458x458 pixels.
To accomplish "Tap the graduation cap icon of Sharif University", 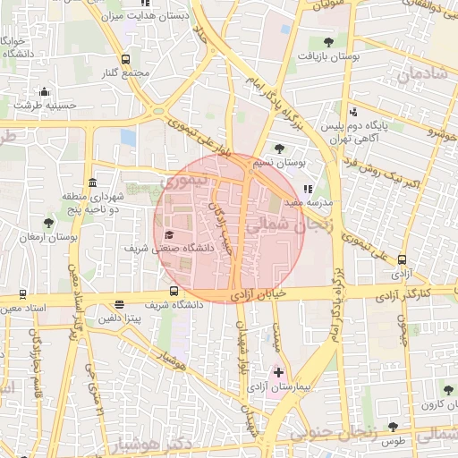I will point(169,234).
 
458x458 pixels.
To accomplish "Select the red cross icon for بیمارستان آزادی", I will point(277,371).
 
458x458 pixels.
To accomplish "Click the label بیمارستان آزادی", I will point(303,387).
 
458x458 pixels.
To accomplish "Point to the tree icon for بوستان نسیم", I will point(280,148).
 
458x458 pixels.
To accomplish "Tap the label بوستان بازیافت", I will point(330,55).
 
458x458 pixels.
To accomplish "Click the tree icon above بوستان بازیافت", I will point(329,41).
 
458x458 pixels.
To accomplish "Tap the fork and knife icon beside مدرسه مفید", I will point(310,189).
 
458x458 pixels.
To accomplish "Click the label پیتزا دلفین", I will point(120,318).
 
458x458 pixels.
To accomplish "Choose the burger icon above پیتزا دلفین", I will point(120,304).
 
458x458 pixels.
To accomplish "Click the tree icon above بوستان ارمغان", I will point(48,222).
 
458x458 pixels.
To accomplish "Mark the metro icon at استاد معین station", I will point(22,293).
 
